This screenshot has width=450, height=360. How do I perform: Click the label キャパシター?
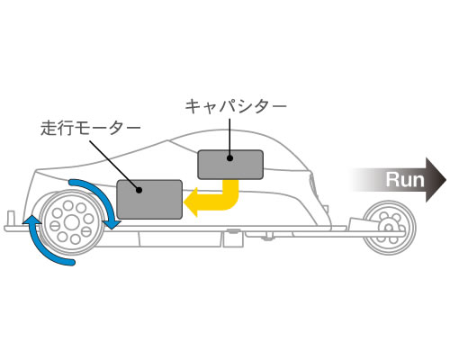click(x=236, y=106)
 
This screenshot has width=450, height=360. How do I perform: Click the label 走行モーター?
click(x=91, y=129)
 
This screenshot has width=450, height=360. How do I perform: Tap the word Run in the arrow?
click(x=405, y=180)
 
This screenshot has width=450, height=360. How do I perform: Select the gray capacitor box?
click(x=230, y=165)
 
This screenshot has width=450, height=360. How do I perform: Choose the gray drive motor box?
click(x=149, y=199)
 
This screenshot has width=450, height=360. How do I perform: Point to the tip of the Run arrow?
click(x=446, y=180)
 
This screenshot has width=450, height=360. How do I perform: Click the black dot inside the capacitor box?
click(x=230, y=158)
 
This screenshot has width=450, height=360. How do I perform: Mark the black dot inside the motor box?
click(x=139, y=190)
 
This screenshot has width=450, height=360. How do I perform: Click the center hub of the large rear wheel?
click(x=72, y=222)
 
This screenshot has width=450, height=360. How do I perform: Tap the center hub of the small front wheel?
click(x=389, y=227)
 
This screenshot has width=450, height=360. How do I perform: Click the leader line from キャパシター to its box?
click(x=229, y=138)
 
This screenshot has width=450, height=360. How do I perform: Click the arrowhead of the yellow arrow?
click(x=191, y=202)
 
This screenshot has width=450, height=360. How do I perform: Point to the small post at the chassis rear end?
click(x=12, y=218)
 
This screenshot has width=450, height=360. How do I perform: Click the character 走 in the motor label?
click(x=49, y=129)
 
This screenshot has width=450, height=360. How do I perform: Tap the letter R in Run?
click(x=391, y=180)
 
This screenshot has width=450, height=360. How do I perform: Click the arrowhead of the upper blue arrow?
click(x=112, y=223)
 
